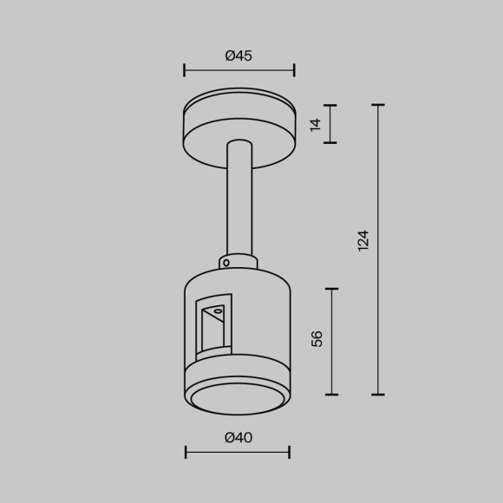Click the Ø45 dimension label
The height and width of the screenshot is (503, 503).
(238, 56)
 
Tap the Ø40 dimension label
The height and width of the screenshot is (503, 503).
(238, 438)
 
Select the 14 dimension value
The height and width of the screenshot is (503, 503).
(316, 124)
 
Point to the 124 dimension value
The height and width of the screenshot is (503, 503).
(363, 240)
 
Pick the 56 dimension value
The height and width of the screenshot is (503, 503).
(317, 338)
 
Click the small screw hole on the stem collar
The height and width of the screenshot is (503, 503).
(225, 261)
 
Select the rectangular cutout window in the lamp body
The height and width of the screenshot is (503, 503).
(213, 328)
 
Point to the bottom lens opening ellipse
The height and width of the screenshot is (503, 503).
(238, 398)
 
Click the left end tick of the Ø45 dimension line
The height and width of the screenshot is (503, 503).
(185, 70)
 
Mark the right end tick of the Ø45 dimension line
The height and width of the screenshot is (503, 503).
(294, 70)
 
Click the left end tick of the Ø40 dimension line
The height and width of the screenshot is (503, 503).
(186, 452)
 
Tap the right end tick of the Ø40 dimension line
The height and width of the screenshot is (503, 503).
(289, 452)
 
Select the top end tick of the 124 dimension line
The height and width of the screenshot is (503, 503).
(378, 105)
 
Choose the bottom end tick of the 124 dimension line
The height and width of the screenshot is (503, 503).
(378, 395)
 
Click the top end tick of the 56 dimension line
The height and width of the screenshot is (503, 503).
(331, 289)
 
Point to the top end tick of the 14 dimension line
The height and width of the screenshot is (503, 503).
(330, 105)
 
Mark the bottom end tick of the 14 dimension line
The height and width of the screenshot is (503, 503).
(330, 142)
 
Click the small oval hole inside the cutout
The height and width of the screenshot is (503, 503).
(218, 310)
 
